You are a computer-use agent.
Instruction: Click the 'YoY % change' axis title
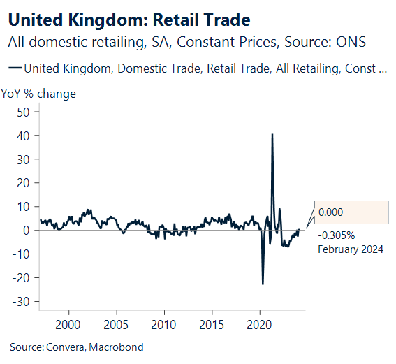pyautogui.click(x=38, y=94)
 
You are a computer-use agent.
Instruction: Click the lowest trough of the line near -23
pyautogui.click(x=263, y=284)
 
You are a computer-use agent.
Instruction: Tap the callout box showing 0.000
pyautogui.click(x=350, y=212)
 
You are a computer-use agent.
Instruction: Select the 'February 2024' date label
pyautogui.click(x=351, y=249)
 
